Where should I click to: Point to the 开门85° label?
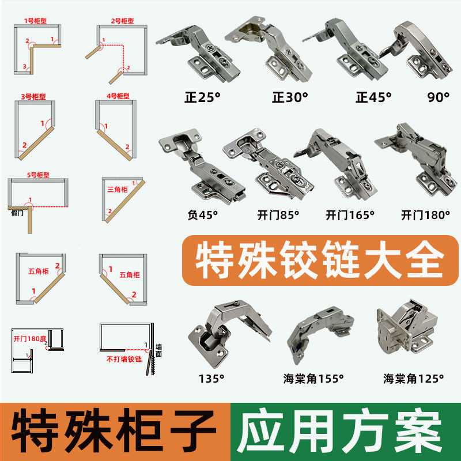coord(278,215)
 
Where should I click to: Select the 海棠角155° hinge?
coord(320,334)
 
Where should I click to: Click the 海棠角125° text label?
coord(414,379)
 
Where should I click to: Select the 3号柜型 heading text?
coord(34,95)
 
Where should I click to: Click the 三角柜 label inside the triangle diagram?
coord(118,188)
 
